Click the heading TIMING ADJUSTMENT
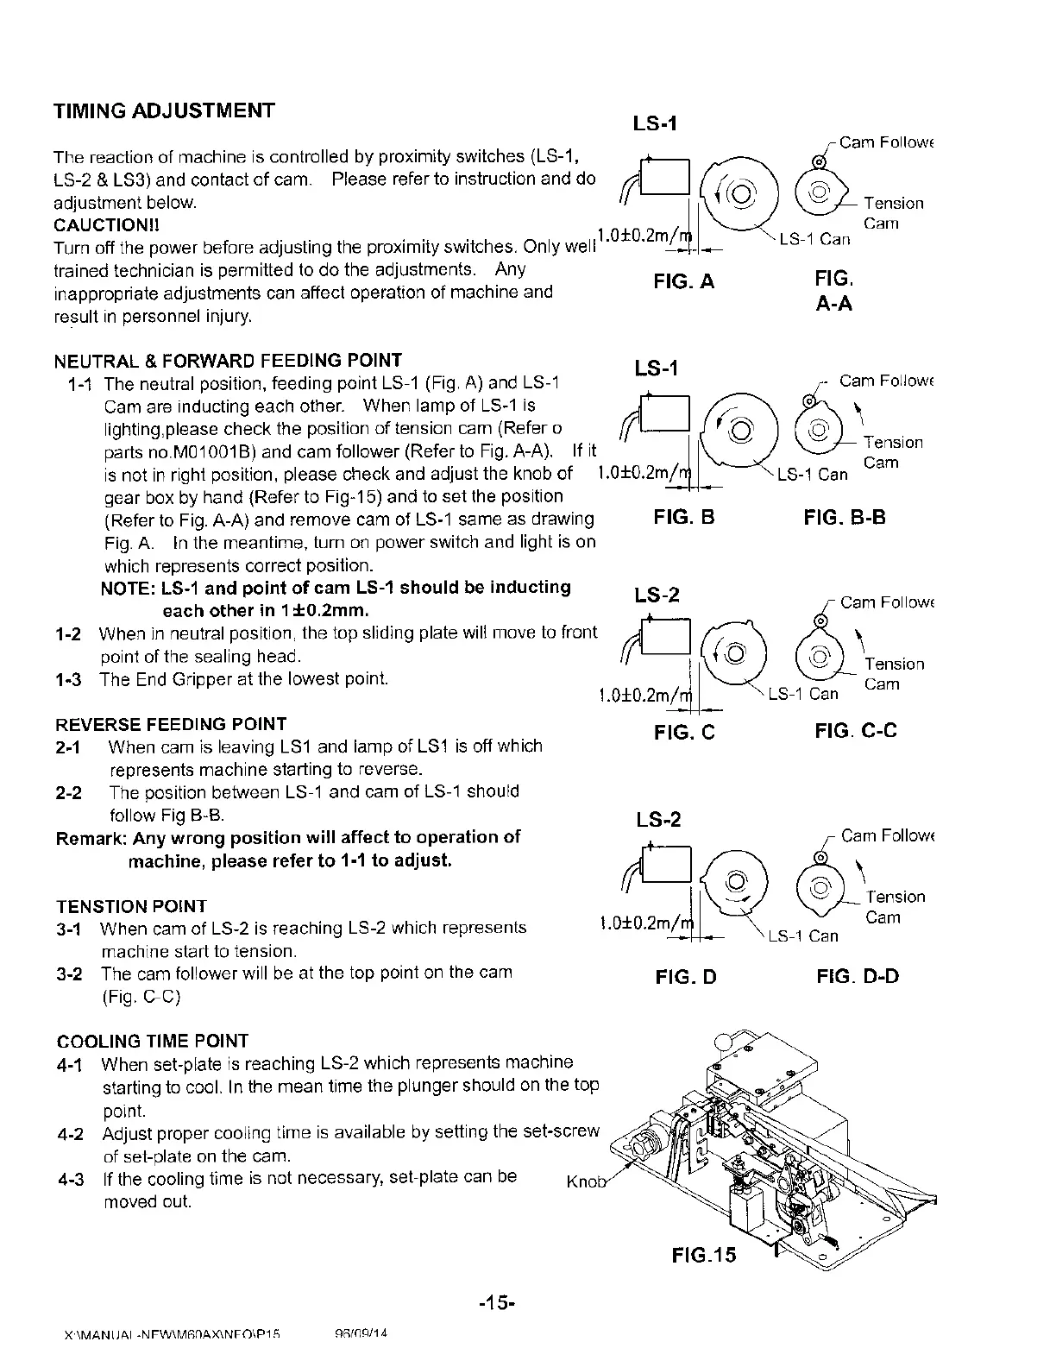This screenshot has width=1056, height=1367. [164, 111]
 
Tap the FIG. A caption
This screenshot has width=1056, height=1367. [683, 281]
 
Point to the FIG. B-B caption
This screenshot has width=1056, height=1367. [844, 518]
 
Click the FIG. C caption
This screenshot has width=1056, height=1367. [684, 733]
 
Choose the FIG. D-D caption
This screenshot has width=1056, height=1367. [857, 977]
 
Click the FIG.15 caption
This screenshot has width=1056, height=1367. [704, 1255]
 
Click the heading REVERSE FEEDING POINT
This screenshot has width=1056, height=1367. [171, 724]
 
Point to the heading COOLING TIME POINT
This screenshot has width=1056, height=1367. [152, 1041]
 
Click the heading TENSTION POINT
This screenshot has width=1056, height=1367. [131, 906]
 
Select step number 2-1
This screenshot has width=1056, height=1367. [68, 746]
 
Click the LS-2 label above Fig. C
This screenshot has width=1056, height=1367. [657, 595]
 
